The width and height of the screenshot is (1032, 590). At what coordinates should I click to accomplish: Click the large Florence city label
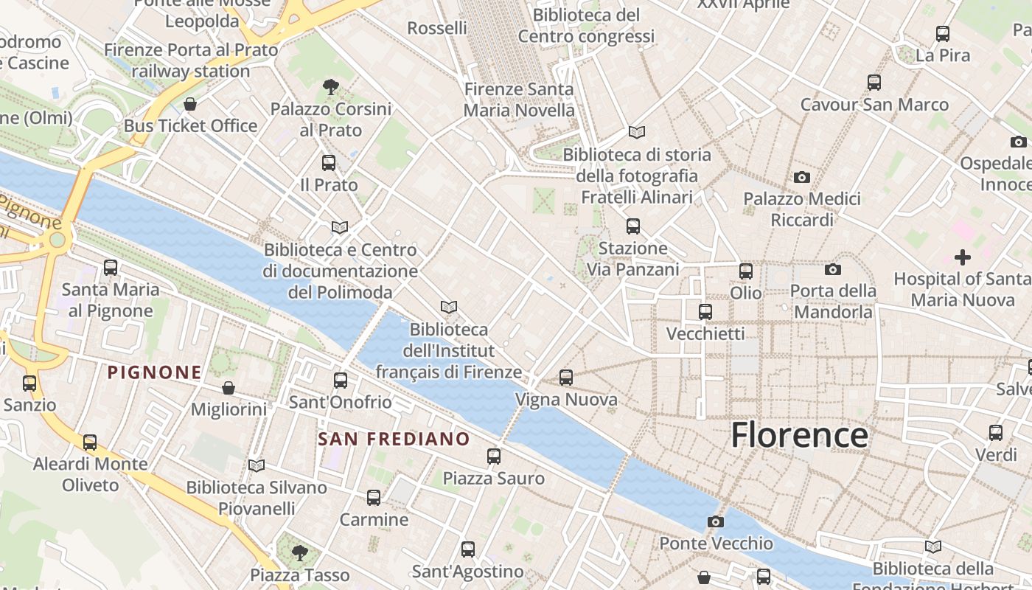799,435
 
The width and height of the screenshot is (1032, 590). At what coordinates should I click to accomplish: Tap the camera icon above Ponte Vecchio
715,521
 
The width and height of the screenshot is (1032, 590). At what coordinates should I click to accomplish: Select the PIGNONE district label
155,372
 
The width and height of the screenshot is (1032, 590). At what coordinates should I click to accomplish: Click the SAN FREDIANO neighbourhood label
394,440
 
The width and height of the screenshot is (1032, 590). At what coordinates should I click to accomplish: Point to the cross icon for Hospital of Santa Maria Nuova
962,257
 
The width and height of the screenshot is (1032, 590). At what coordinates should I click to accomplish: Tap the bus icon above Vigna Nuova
566,378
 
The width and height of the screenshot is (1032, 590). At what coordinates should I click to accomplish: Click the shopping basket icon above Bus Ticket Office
190,104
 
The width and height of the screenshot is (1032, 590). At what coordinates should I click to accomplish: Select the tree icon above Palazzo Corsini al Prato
331,87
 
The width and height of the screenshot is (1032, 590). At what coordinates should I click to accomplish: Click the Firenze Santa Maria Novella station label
519,100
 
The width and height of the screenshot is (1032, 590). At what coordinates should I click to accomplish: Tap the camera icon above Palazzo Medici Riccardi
802,177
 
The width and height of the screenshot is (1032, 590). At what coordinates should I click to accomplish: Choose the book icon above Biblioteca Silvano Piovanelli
257,465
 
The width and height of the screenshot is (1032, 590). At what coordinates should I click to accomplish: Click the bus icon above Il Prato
329,163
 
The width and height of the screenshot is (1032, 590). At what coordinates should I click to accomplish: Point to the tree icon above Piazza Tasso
299,552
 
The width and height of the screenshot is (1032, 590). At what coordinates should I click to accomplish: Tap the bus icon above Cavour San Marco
874,83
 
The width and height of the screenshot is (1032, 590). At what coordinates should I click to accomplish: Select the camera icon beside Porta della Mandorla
833,269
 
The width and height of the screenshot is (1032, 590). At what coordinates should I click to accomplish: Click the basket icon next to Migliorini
229,388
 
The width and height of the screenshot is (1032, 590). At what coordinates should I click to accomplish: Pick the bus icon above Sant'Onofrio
341,381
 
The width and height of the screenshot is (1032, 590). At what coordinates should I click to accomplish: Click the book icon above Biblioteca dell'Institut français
448,307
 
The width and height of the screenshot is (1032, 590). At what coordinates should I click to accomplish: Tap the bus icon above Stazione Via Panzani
632,226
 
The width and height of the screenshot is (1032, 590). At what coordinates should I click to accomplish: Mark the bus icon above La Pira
943,34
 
